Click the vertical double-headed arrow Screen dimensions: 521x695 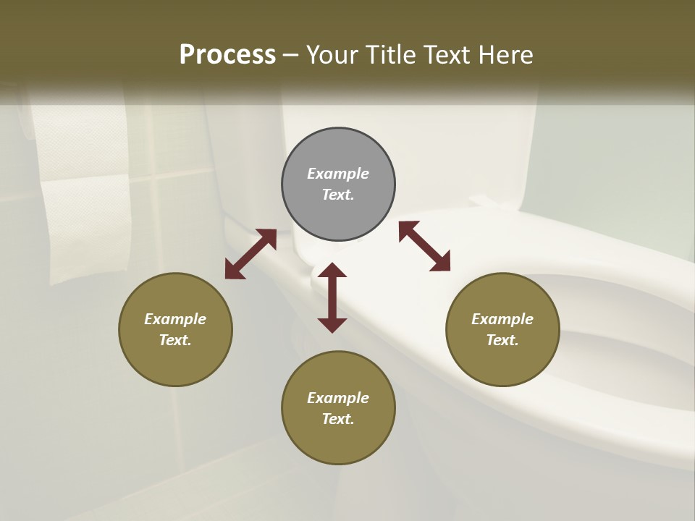pyautogui.click(x=332, y=297)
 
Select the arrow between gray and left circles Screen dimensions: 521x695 pyautogui.click(x=250, y=254)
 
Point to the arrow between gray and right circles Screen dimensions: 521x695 pyautogui.click(x=425, y=246)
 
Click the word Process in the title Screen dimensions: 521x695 pyautogui.click(x=227, y=54)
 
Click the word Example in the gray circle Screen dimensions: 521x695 pyautogui.click(x=338, y=174)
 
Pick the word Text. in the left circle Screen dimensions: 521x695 pyautogui.click(x=175, y=340)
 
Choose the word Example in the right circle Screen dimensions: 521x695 pyautogui.click(x=502, y=319)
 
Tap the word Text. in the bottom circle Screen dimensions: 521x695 pyautogui.click(x=338, y=419)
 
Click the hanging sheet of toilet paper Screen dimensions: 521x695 pyautogui.click(x=87, y=232)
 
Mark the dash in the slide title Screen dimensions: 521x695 pyautogui.click(x=291, y=55)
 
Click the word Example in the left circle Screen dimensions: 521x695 pyautogui.click(x=175, y=319)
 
